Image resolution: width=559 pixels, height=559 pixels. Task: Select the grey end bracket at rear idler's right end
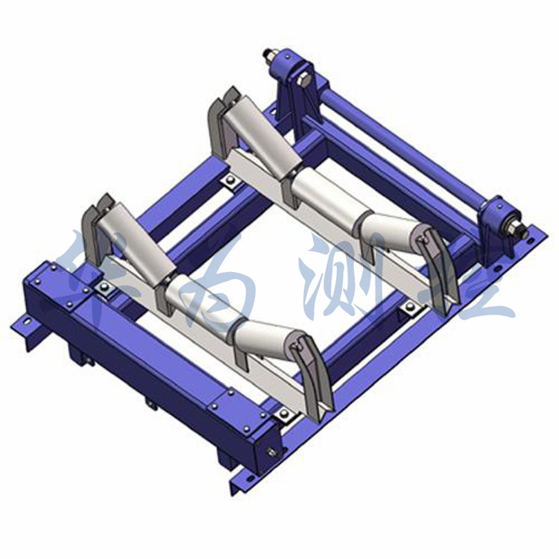436,265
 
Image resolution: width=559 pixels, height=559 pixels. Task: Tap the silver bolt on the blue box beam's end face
271,453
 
